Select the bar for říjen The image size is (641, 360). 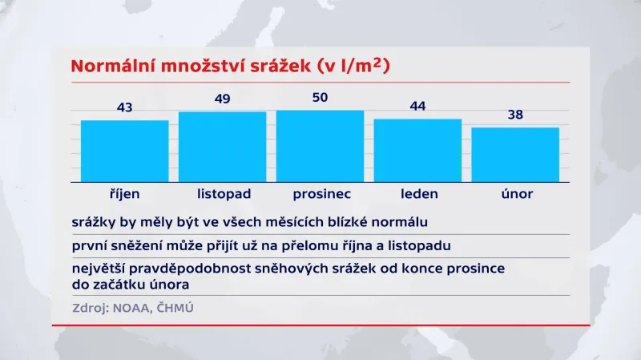pyautogui.click(x=124, y=151)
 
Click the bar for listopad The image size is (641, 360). pyautogui.click(x=222, y=147)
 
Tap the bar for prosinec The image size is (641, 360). pyautogui.click(x=320, y=146)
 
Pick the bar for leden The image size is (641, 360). pyautogui.click(x=417, y=150)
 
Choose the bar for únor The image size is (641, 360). pyautogui.click(x=515, y=154)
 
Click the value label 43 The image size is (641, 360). pyautogui.click(x=124, y=107)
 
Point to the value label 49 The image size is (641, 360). pyautogui.click(x=222, y=99)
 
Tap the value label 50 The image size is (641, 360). pyautogui.click(x=320, y=97)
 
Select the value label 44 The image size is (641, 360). pyautogui.click(x=417, y=106)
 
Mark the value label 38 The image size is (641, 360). pyautogui.click(x=515, y=115)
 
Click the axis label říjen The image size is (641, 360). pyautogui.click(x=124, y=194)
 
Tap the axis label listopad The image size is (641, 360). pyautogui.click(x=224, y=194)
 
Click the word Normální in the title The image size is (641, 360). pyautogui.click(x=115, y=67)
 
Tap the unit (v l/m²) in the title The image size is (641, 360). pyautogui.click(x=353, y=66)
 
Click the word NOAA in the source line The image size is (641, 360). pyautogui.click(x=132, y=307)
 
